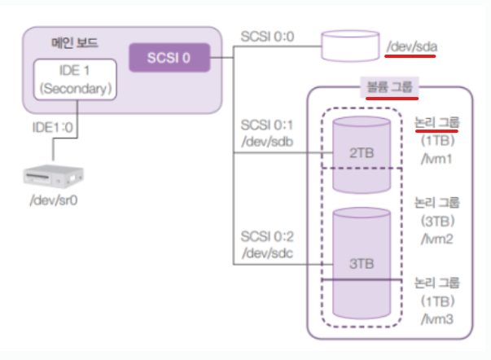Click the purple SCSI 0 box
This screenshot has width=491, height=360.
[x=169, y=58]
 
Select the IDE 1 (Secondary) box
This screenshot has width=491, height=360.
[x=75, y=80]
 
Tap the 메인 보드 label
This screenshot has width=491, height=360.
[x=75, y=42]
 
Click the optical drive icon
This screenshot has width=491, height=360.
[x=54, y=177]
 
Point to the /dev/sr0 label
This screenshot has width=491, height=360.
[x=54, y=200]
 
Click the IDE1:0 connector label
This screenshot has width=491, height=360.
[x=53, y=128]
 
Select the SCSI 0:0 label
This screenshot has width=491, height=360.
[x=267, y=37]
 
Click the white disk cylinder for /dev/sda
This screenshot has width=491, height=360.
[x=350, y=46]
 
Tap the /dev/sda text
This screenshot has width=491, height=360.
[x=412, y=46]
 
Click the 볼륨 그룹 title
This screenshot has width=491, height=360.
[x=389, y=87]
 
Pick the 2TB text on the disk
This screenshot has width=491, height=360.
[x=362, y=153]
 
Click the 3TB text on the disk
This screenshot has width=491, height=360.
[x=362, y=264]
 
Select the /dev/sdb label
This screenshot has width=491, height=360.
[x=267, y=142]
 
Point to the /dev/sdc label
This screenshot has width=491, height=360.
[x=267, y=252]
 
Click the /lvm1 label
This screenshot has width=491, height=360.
[x=436, y=159]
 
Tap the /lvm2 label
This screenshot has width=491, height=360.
[x=436, y=239]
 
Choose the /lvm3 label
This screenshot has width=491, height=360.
[x=436, y=319]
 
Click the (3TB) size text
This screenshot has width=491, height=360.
[x=437, y=222]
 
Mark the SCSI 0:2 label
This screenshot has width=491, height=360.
[x=267, y=236]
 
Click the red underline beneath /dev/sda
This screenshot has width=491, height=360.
[x=410, y=56]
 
